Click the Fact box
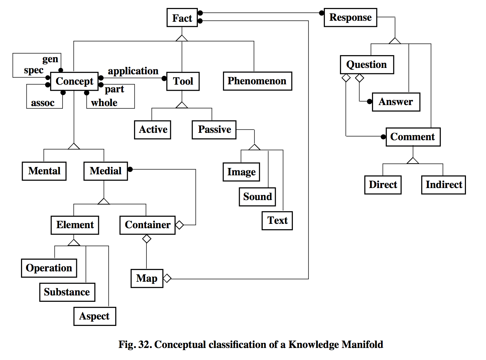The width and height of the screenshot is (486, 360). point(182,18)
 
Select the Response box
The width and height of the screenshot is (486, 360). point(350,17)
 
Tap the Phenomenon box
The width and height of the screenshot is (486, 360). point(257,81)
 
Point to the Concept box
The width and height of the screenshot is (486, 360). point(74,81)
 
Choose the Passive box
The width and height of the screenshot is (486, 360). point(214,129)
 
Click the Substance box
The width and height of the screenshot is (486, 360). point(67,292)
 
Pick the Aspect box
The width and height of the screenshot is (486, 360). point(95,316)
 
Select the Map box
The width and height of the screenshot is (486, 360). point(147,278)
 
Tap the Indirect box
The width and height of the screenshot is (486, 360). point(443,185)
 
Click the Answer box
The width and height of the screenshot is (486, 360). point(396,102)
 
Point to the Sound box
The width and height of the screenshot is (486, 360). point(257,197)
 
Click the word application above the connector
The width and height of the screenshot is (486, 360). point(133,71)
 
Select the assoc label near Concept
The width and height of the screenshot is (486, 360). point(43,103)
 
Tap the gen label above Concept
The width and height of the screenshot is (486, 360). point(50,59)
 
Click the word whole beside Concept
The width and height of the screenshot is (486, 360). point(104,103)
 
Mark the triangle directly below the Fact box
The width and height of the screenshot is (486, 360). point(182,38)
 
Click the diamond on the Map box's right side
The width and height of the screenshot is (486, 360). point(167,278)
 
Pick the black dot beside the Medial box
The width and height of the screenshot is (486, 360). point(130,169)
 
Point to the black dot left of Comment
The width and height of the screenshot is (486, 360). point(383,137)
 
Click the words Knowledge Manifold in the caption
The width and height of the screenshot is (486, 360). point(336,345)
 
